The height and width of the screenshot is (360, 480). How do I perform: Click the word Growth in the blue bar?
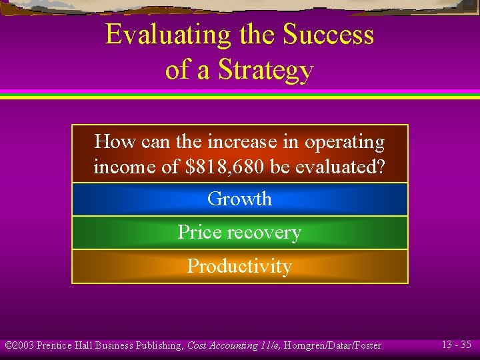click(x=239, y=199)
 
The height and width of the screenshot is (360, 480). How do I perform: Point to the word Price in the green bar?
click(x=199, y=232)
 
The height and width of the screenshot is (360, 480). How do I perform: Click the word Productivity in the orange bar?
click(x=239, y=266)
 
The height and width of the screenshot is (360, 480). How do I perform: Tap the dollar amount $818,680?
click(x=223, y=167)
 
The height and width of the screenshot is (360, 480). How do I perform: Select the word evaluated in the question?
click(x=333, y=167)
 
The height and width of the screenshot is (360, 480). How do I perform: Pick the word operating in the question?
click(x=345, y=143)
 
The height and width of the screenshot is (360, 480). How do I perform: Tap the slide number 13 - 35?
click(x=457, y=345)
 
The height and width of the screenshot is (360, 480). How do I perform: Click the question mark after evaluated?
click(x=381, y=167)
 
